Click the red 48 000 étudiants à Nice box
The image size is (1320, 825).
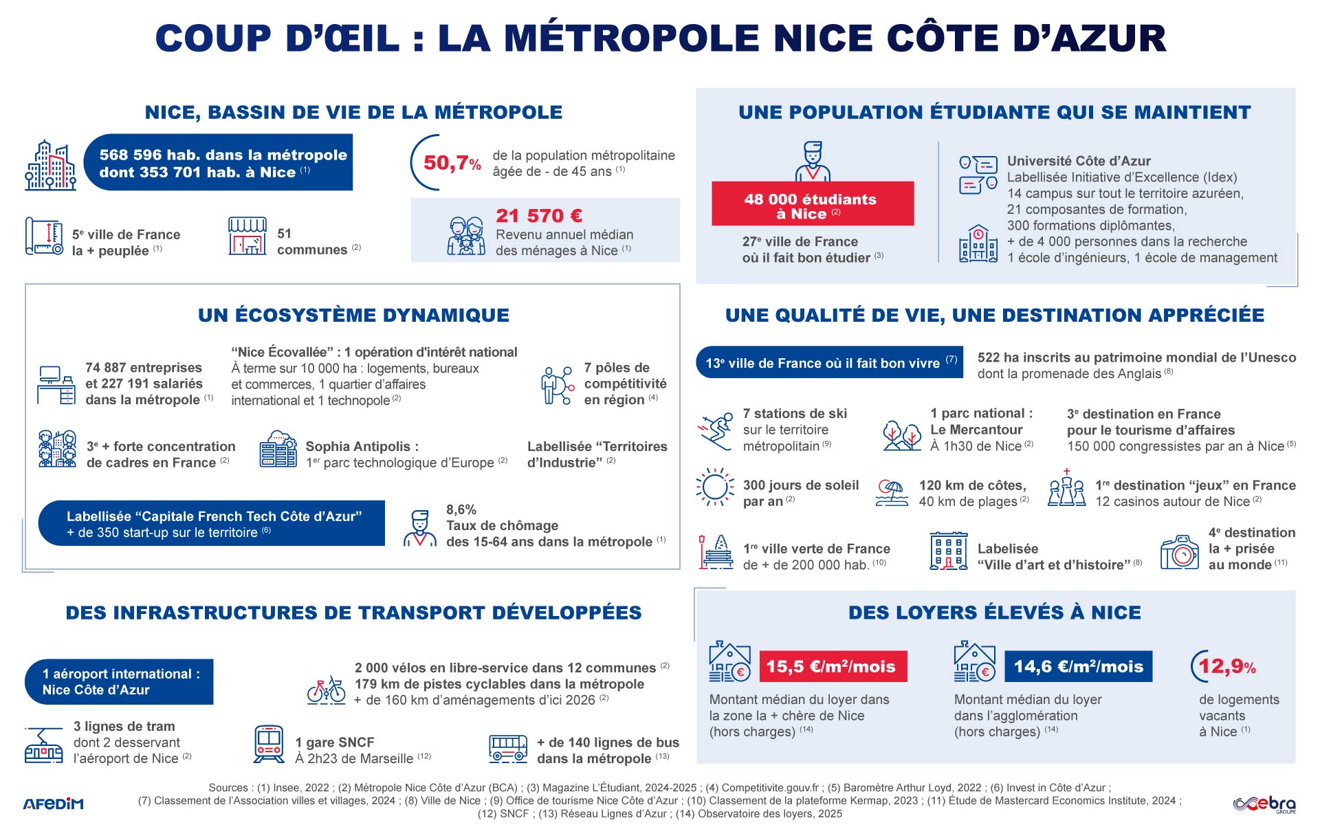[x=812, y=203]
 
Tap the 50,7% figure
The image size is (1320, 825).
[x=451, y=163]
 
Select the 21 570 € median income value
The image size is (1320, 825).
[x=539, y=216]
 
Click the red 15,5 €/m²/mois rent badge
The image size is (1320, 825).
[x=833, y=666]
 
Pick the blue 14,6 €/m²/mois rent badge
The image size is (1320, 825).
[x=1077, y=666]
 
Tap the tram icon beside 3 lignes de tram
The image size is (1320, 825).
[x=43, y=745]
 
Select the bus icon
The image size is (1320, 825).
[x=508, y=748]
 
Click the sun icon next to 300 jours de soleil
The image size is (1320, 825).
[x=714, y=487]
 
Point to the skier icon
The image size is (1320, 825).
[x=715, y=430]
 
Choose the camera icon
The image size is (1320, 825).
[x=1179, y=552]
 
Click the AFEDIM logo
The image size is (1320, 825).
[x=53, y=804]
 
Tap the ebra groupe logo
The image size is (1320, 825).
[x=1264, y=804]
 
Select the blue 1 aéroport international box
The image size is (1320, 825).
[x=120, y=681]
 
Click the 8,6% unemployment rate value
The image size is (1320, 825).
[x=461, y=509]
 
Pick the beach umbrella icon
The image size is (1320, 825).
[x=892, y=492]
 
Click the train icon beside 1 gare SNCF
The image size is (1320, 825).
[x=268, y=744]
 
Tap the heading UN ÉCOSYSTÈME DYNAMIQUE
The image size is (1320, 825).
[x=353, y=315]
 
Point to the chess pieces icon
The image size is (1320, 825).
[x=1066, y=489]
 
